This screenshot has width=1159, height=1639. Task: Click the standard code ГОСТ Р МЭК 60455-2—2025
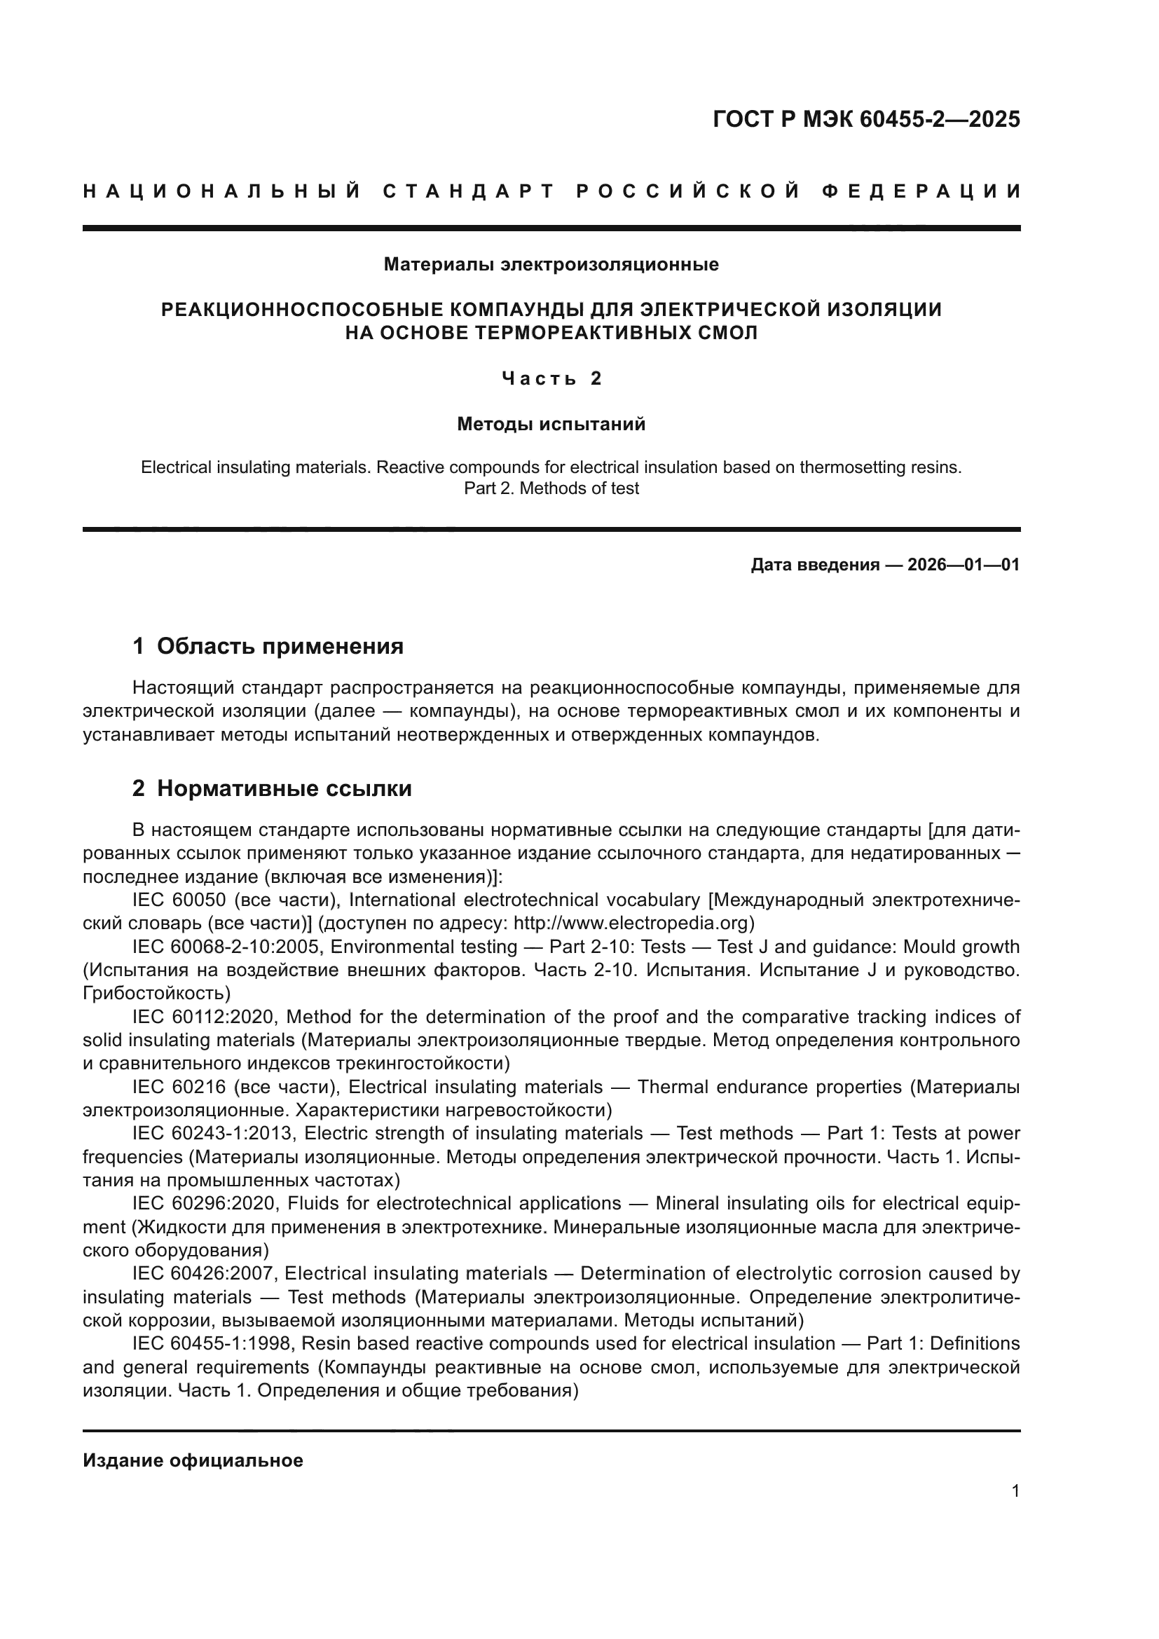[865, 119]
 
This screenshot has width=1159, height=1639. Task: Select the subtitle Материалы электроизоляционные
[551, 265]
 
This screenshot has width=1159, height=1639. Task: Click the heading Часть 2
[551, 378]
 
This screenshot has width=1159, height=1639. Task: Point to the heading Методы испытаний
[551, 424]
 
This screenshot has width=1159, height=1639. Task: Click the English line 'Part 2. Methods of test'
[551, 488]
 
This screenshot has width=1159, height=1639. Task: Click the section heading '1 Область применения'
[268, 646]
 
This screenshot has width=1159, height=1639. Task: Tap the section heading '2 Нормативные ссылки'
[272, 788]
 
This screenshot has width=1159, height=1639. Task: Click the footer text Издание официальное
[193, 1460]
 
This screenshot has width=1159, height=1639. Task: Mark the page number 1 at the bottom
[1015, 1491]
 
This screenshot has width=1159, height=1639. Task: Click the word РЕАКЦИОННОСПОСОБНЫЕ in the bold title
[299, 310]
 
